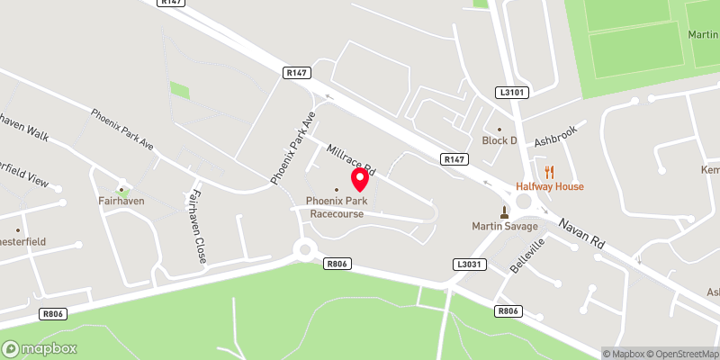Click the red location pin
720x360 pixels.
pyautogui.click(x=360, y=179)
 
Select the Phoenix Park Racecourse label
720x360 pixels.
pyautogui.click(x=337, y=207)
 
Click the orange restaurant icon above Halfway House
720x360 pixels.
pyautogui.click(x=549, y=171)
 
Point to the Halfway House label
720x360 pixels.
pyautogui.click(x=549, y=186)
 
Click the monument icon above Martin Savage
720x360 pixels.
pyautogui.click(x=504, y=212)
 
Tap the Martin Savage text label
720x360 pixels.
pyautogui.click(x=503, y=225)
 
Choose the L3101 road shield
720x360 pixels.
pyautogui.click(x=509, y=93)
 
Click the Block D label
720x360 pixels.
pyautogui.click(x=500, y=140)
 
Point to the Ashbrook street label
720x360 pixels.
pyautogui.click(x=553, y=136)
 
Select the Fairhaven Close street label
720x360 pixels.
pyautogui.click(x=198, y=226)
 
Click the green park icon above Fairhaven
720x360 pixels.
pyautogui.click(x=123, y=191)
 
